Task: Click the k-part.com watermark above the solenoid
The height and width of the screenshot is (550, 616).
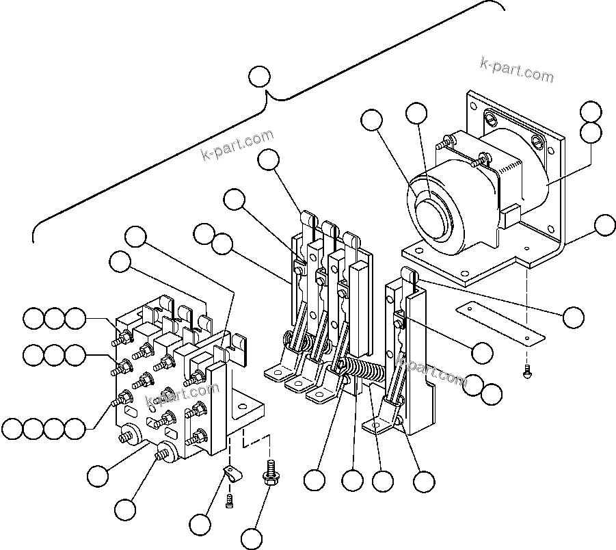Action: [x=517, y=68]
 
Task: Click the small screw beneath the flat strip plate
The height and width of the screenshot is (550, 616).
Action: [x=528, y=374]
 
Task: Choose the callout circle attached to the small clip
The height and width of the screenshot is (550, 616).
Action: [x=201, y=525]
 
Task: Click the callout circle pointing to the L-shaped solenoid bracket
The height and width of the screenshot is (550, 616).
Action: [x=604, y=225]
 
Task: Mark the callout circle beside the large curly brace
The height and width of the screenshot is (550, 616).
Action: [x=259, y=76]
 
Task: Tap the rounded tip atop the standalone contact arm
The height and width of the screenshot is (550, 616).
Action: [x=409, y=276]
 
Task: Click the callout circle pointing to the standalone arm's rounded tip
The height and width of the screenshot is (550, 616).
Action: [x=573, y=316]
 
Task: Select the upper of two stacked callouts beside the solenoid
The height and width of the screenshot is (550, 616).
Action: [x=591, y=112]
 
